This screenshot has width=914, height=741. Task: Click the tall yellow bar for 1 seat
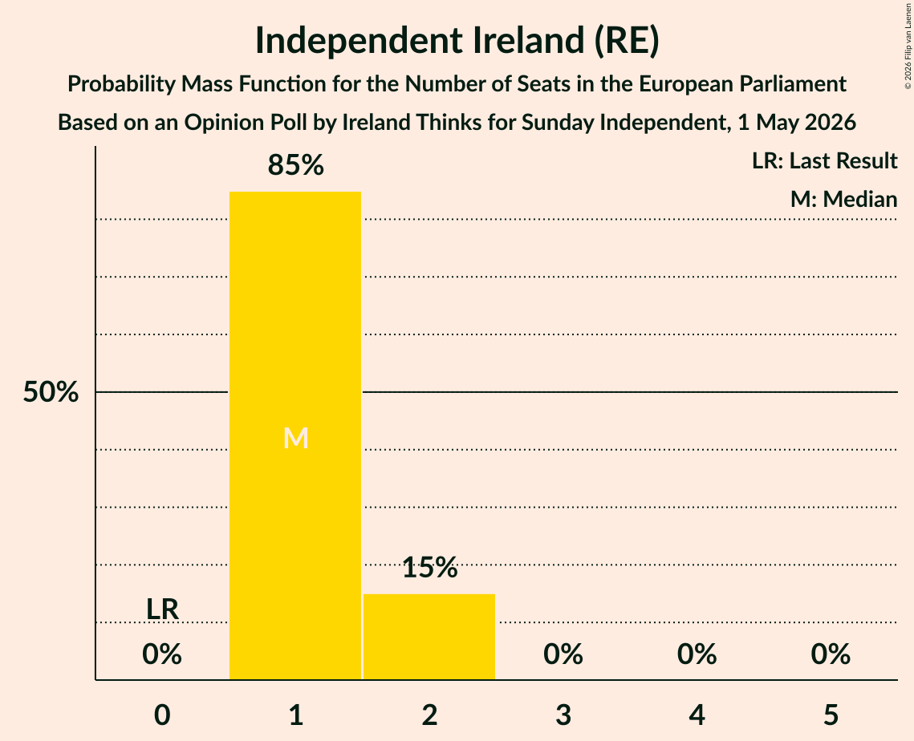pyautogui.click(x=295, y=435)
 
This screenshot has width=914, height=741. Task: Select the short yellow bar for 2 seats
pyautogui.click(x=429, y=636)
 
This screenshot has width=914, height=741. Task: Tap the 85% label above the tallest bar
pyautogui.click(x=295, y=165)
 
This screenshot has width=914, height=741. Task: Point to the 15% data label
pyautogui.click(x=429, y=567)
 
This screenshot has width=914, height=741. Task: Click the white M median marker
pyautogui.click(x=295, y=438)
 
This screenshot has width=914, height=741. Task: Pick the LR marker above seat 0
pyautogui.click(x=162, y=609)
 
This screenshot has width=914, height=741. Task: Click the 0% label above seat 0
pyautogui.click(x=162, y=654)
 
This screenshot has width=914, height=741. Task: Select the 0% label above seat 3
pyautogui.click(x=563, y=654)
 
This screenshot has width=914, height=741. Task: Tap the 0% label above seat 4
pyautogui.click(x=697, y=654)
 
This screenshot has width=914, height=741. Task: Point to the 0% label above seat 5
pyautogui.click(x=831, y=654)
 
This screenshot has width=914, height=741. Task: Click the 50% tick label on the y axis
pyautogui.click(x=51, y=392)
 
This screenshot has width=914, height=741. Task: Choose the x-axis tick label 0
pyautogui.click(x=162, y=715)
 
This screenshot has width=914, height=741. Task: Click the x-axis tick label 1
pyautogui.click(x=296, y=715)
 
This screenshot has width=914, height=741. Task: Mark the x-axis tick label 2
pyautogui.click(x=429, y=715)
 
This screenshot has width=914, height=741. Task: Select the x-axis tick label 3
pyautogui.click(x=563, y=715)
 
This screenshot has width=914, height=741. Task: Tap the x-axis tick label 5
pyautogui.click(x=831, y=715)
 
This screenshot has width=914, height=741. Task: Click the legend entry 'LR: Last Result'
pyautogui.click(x=824, y=160)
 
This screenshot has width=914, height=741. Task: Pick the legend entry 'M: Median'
pyautogui.click(x=843, y=199)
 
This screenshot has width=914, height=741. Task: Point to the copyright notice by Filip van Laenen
pyautogui.click(x=908, y=46)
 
